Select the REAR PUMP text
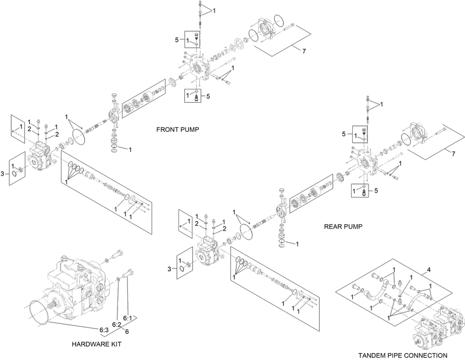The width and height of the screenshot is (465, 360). point(343,227)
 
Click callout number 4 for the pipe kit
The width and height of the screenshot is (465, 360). point(429,269)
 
